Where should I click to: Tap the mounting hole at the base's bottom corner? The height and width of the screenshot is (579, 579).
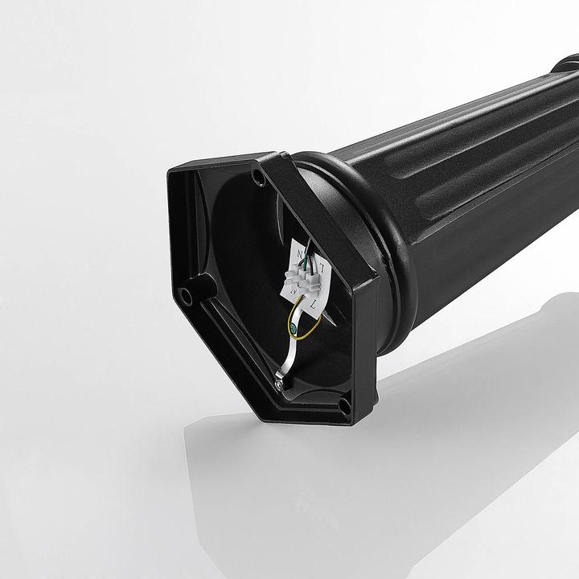tap(344, 408)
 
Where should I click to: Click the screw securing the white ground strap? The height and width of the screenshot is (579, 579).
tap(278, 386)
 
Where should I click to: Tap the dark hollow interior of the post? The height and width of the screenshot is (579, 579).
tap(241, 241)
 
